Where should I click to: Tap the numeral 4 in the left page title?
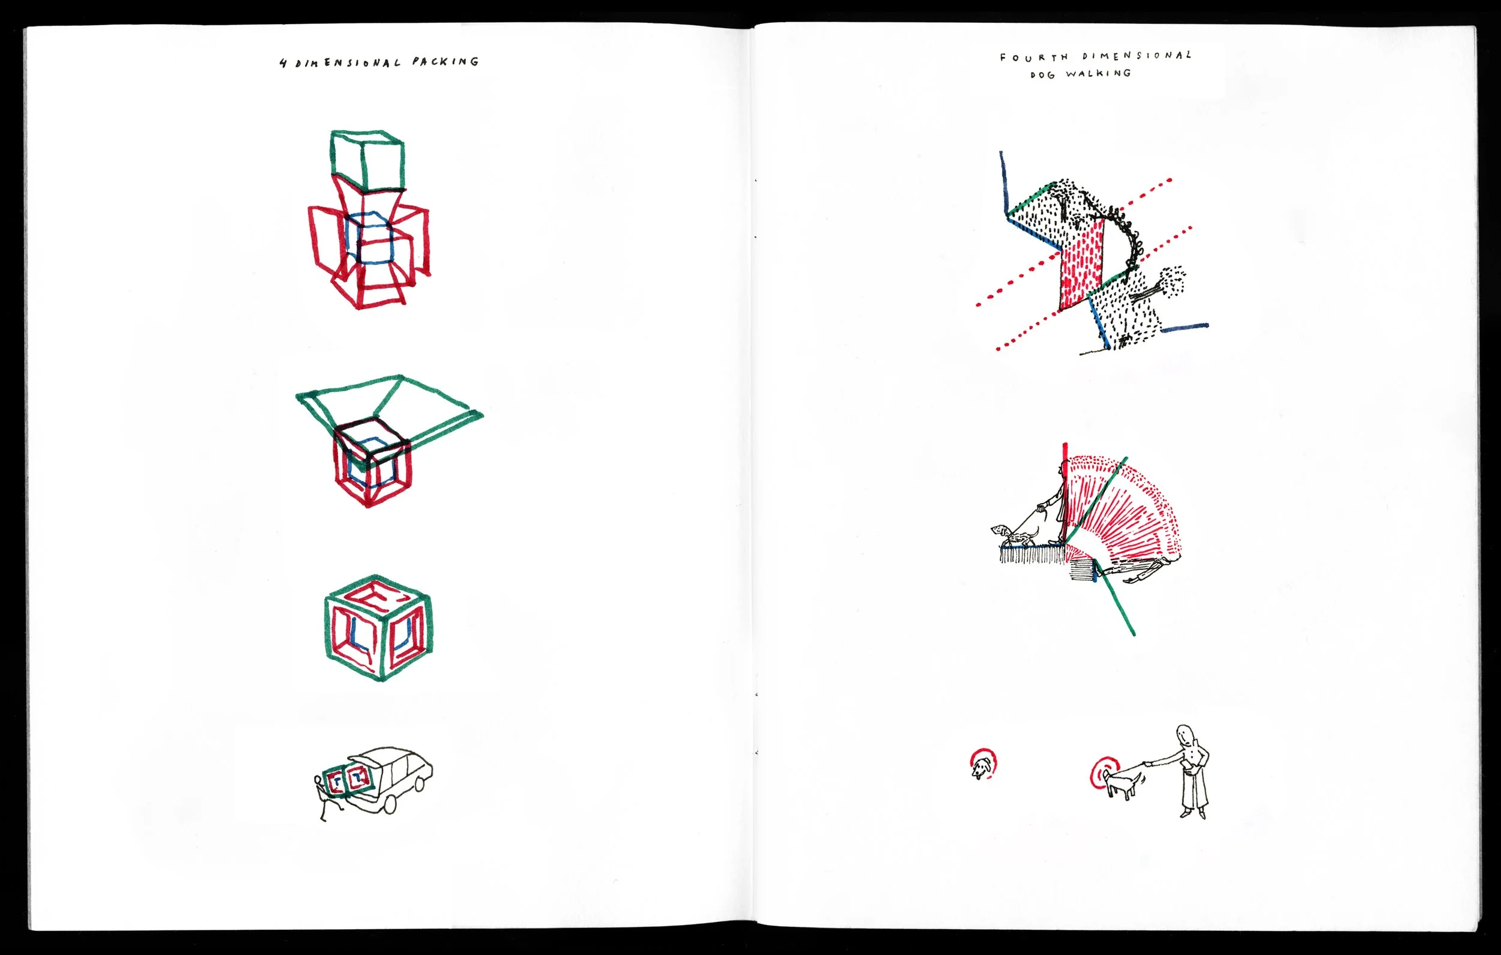pyautogui.click(x=283, y=63)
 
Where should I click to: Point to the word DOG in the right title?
pyautogui.click(x=1043, y=75)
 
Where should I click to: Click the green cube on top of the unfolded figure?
pyautogui.click(x=367, y=160)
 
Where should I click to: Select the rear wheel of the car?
pyautogui.click(x=390, y=804)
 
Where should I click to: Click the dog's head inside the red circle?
pyautogui.click(x=982, y=766)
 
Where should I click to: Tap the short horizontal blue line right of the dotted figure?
pyautogui.click(x=1184, y=327)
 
